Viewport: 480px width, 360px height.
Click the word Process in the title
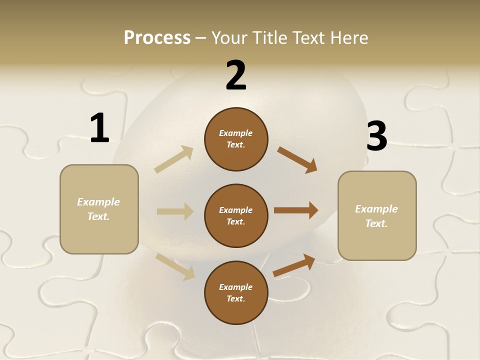coord(157,37)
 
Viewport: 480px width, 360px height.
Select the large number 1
coord(99,128)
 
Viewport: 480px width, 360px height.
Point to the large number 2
coord(236,75)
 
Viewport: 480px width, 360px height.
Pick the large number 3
coord(376,136)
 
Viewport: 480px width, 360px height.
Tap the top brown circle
coord(236,139)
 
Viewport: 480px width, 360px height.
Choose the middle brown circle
coord(236,215)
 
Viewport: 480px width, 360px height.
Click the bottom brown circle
coord(236,292)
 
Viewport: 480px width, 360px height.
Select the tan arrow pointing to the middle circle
coord(175,211)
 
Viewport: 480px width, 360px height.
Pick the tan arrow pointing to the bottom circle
coord(175,266)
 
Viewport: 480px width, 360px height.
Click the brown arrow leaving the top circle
coord(297,160)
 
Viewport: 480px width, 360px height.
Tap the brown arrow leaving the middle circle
coord(296,210)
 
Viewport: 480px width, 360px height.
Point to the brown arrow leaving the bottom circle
coord(294,265)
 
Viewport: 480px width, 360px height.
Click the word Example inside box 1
coord(98,202)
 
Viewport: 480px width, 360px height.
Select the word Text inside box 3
coord(376,223)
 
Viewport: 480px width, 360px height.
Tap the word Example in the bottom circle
coord(235,287)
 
